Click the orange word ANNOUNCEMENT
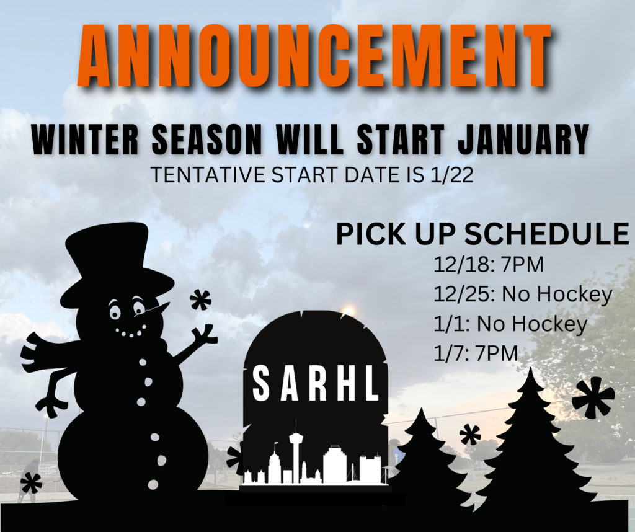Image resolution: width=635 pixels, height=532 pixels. (315, 55)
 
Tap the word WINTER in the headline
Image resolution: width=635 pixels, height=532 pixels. (86, 139)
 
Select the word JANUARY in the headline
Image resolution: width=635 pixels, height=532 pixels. (523, 139)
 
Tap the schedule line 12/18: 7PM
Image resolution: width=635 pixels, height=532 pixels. (489, 265)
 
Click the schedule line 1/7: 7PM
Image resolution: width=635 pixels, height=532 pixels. (476, 353)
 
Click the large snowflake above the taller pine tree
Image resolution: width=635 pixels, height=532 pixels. (593, 396)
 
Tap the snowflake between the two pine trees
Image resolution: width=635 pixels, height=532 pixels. (470, 435)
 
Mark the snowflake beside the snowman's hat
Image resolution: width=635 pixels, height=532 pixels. (200, 300)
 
